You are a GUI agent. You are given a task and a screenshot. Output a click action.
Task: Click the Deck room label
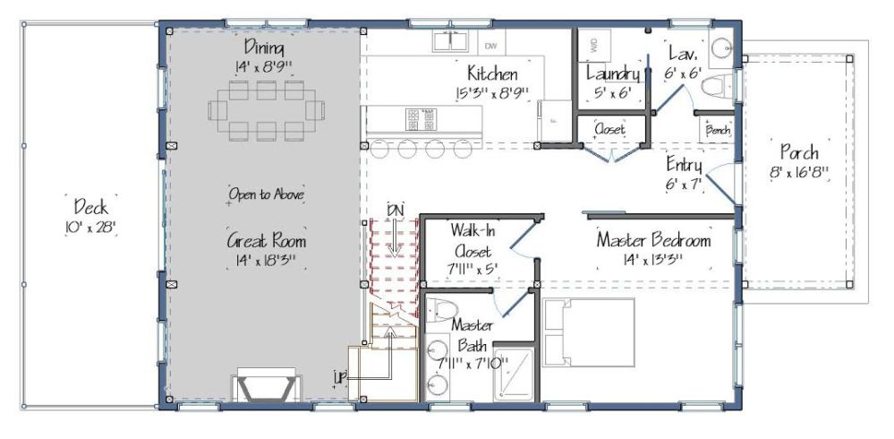[90, 206]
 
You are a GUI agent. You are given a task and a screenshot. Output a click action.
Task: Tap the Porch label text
[799, 152]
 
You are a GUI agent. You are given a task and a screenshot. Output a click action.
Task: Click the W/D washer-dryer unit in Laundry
[594, 46]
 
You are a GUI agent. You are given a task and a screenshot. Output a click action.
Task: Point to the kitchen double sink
[450, 41]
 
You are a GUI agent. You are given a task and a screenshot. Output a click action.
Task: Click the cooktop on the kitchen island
[421, 119]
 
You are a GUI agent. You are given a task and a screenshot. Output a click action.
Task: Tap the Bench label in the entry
[717, 130]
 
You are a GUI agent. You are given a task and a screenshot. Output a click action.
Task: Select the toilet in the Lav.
[717, 87]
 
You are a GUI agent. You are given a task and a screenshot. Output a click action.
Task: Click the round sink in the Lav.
[722, 48]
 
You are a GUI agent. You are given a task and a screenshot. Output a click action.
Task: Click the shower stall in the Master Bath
[515, 374]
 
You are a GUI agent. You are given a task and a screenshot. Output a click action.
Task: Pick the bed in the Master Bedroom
[589, 332]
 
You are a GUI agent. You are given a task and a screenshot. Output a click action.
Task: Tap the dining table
[267, 111]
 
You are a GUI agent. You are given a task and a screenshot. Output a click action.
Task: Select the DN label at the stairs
[396, 210]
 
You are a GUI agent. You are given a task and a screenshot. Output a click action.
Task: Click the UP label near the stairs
[341, 376]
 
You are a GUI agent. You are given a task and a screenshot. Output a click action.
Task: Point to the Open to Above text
[267, 194]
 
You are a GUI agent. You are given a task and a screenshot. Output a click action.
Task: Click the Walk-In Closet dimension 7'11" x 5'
[471, 268]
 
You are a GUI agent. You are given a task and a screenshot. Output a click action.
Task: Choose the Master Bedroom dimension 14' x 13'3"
[654, 259]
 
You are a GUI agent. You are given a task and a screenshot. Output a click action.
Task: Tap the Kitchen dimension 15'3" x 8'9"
[492, 93]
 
